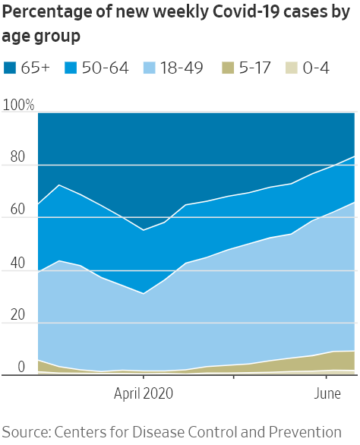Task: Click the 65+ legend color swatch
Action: (13, 68)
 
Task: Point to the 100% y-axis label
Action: (19, 106)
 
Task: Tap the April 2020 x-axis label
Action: (144, 393)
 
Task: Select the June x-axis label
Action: (327, 393)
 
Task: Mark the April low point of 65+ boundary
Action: (144, 230)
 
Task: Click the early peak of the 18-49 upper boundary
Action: (59, 260)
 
